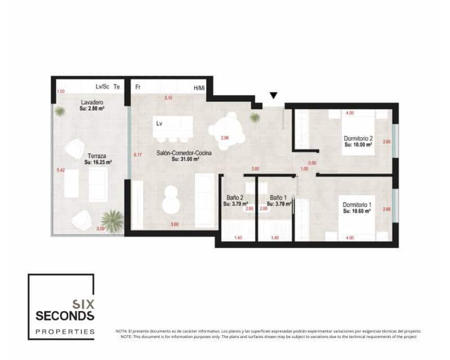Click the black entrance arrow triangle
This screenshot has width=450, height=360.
coord(273,96)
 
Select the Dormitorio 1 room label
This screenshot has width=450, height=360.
coord(358,205)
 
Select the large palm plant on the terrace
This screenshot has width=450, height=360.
coord(112,220)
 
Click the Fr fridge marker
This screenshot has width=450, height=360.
coord(138,88)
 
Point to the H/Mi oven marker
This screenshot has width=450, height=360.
coord(199,88)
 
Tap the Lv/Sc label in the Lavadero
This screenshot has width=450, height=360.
coord(102,87)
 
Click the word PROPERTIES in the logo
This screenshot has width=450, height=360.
coord(65,331)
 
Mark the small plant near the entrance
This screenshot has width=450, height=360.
coord(255,118)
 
